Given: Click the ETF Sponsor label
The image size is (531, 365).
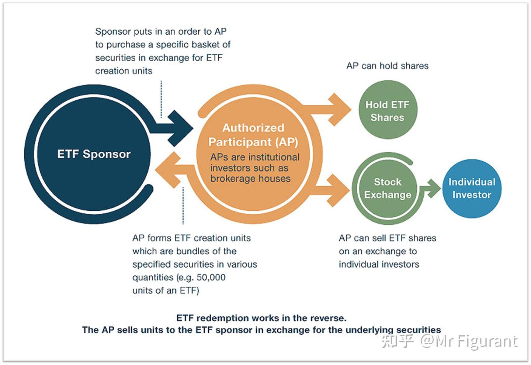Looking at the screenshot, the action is point(94,154).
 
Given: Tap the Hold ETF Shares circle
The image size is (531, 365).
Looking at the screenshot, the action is point(388,110).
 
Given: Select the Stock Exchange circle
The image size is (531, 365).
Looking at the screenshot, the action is point(388,189).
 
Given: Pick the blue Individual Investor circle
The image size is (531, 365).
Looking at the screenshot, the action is point(472,189).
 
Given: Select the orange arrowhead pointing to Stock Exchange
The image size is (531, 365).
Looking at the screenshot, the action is point(338,190).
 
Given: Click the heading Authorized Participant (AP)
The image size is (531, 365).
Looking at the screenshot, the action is point(253,135).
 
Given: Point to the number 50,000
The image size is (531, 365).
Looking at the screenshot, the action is point(211,277).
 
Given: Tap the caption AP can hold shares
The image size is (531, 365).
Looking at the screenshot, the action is point(387,66).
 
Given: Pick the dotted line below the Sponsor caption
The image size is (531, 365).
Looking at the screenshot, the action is point(161,99).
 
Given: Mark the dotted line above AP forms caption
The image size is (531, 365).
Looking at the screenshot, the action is point(183,206).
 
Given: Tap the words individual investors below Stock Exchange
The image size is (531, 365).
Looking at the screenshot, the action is point(379,264).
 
